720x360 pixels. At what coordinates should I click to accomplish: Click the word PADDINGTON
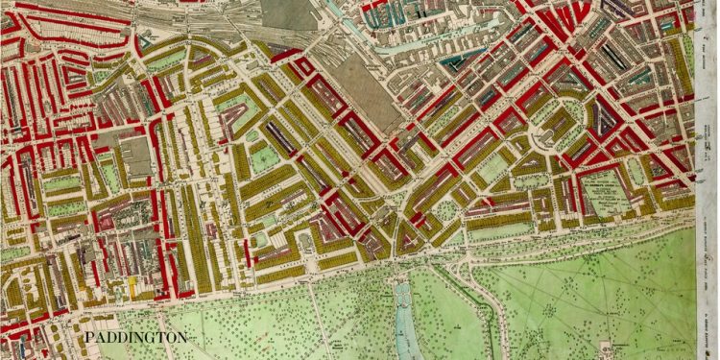134,339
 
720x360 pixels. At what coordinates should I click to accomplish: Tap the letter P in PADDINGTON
88,339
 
